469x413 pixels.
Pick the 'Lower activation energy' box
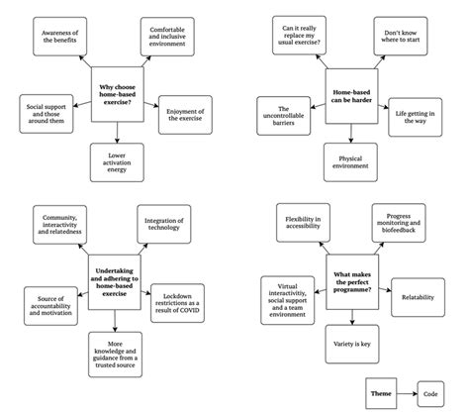point(116,160)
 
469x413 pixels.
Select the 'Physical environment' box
point(353,160)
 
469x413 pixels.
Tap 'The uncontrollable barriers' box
point(283,114)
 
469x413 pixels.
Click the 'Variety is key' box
point(353,343)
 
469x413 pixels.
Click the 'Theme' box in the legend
point(381,392)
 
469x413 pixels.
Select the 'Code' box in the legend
point(432,392)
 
